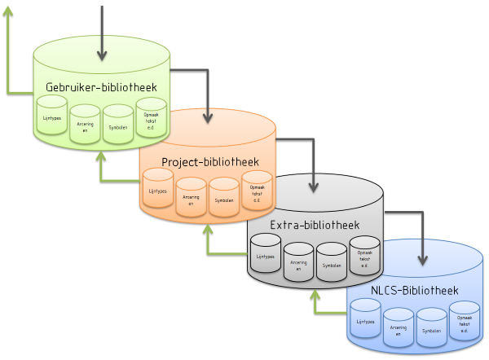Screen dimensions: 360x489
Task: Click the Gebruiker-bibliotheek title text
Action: (x=102, y=87)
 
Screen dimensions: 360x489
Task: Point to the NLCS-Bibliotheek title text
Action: (x=414, y=290)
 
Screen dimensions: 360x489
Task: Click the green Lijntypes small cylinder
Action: (x=52, y=117)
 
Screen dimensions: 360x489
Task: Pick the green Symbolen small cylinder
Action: (x=117, y=125)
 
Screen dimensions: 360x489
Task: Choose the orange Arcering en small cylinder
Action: (x=191, y=198)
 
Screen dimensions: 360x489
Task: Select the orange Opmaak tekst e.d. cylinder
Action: (x=256, y=191)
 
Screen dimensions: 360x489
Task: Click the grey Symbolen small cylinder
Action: (x=331, y=263)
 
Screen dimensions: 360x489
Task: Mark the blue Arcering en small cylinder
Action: (x=399, y=330)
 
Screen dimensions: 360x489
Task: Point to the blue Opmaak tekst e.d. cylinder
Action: (x=464, y=323)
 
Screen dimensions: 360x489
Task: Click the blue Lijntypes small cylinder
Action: (x=366, y=321)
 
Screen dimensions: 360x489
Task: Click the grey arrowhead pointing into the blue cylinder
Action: (x=422, y=261)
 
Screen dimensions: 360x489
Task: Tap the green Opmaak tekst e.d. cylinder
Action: (x=151, y=118)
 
